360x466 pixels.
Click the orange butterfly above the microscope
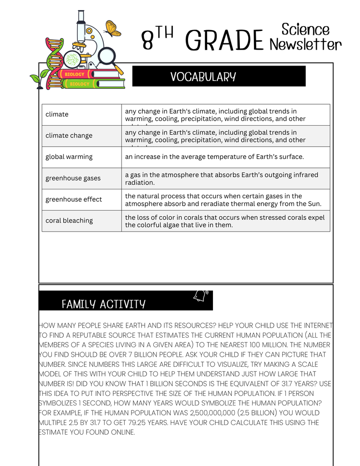113,28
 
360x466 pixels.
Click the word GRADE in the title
224,41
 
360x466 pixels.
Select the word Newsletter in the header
305,45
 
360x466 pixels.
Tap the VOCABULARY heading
203,76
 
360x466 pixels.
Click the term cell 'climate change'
69,136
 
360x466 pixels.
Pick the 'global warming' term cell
69,157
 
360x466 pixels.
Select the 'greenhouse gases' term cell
73,178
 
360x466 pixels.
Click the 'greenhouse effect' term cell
74,199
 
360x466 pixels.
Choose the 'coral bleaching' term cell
69,221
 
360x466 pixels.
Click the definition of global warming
214,157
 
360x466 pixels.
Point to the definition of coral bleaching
225,221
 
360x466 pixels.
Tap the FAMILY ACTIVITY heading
103,304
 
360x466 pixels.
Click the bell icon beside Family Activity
200,296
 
